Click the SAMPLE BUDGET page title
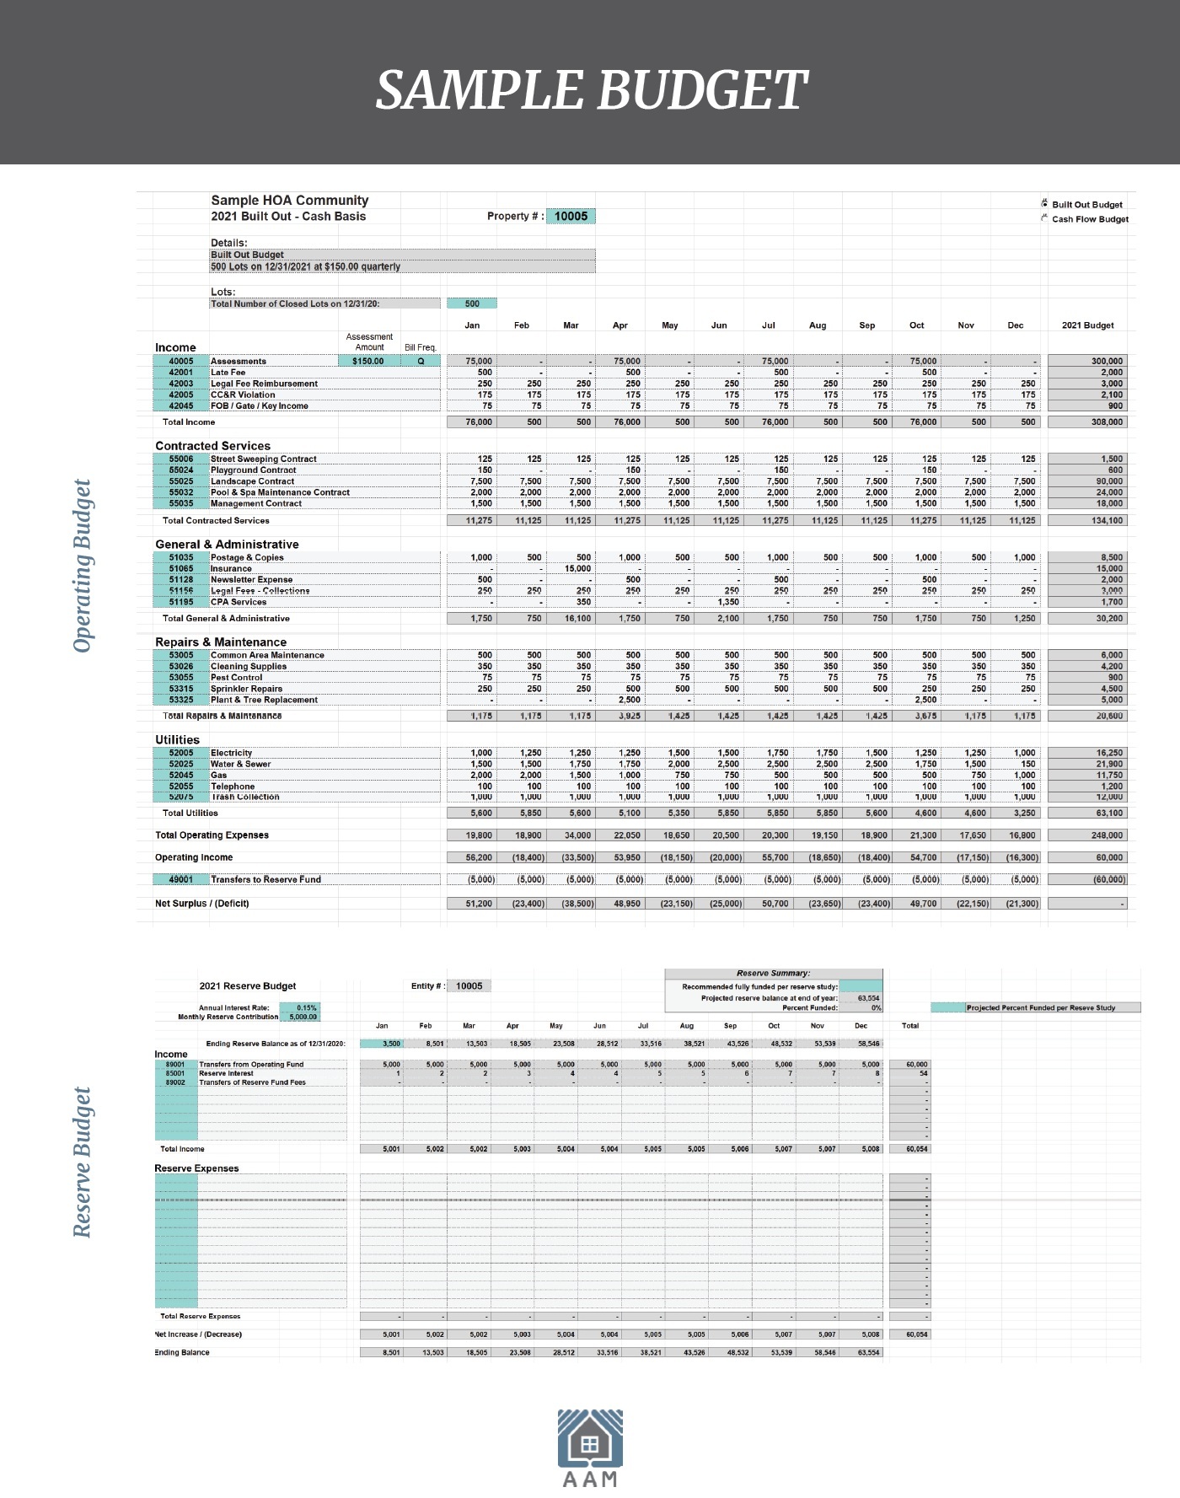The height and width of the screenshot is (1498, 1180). coord(591,90)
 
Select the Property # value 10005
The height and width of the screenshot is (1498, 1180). coord(571,217)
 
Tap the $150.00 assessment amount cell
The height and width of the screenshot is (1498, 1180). coord(368,362)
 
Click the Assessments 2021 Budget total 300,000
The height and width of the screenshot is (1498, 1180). coord(1106,362)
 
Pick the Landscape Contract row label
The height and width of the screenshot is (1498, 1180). coord(252,481)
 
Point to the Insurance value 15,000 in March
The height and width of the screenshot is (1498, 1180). coord(577,569)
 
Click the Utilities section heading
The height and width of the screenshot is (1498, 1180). coord(177,739)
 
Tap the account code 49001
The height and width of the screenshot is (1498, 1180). coord(181,879)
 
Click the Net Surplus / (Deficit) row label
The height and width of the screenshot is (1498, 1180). coord(202,904)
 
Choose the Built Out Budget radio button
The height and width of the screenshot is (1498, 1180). coord(1044,204)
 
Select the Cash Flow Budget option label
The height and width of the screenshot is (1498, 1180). coord(1090,219)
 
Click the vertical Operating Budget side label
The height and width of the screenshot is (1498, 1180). coord(82,566)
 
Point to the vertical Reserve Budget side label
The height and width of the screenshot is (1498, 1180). coord(82,1162)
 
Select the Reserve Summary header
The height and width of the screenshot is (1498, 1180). coord(773,973)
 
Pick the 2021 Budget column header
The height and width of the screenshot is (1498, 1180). coord(1087,325)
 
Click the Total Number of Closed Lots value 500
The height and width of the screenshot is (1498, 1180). coord(472,303)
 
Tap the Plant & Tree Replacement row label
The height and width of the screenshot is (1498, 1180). coord(264,700)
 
